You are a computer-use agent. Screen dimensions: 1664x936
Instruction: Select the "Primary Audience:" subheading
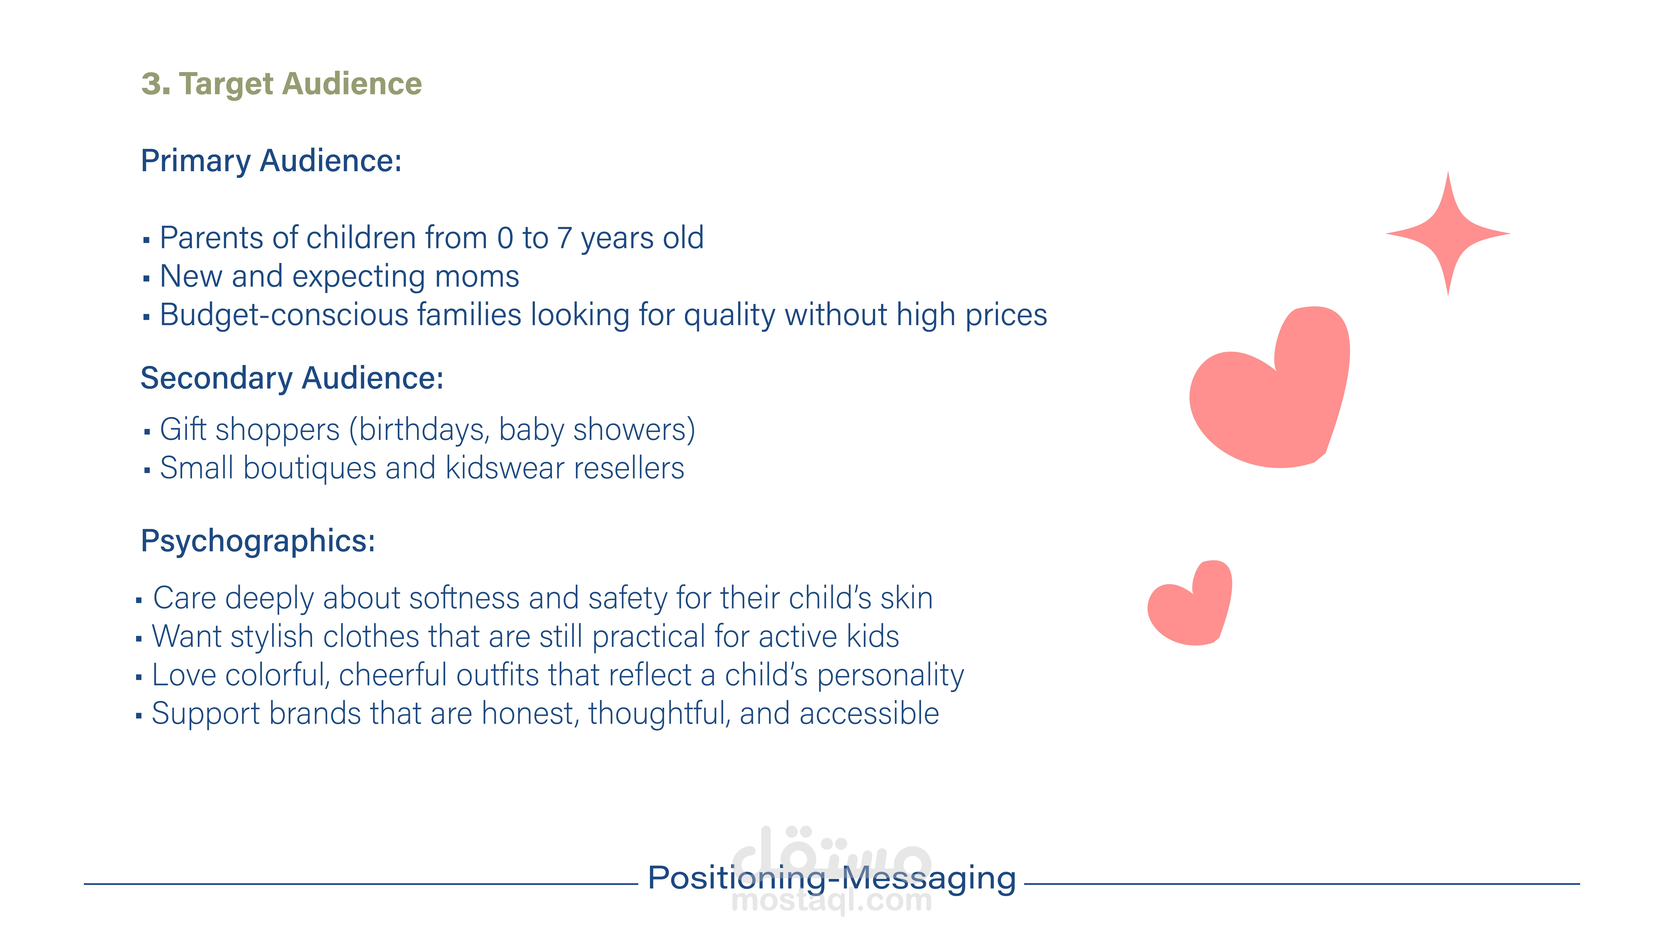coord(271,161)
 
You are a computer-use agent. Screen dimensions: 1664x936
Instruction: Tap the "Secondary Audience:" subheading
coord(292,379)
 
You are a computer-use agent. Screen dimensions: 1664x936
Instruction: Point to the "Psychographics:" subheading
coord(258,541)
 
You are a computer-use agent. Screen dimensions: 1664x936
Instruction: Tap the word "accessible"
coord(869,714)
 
